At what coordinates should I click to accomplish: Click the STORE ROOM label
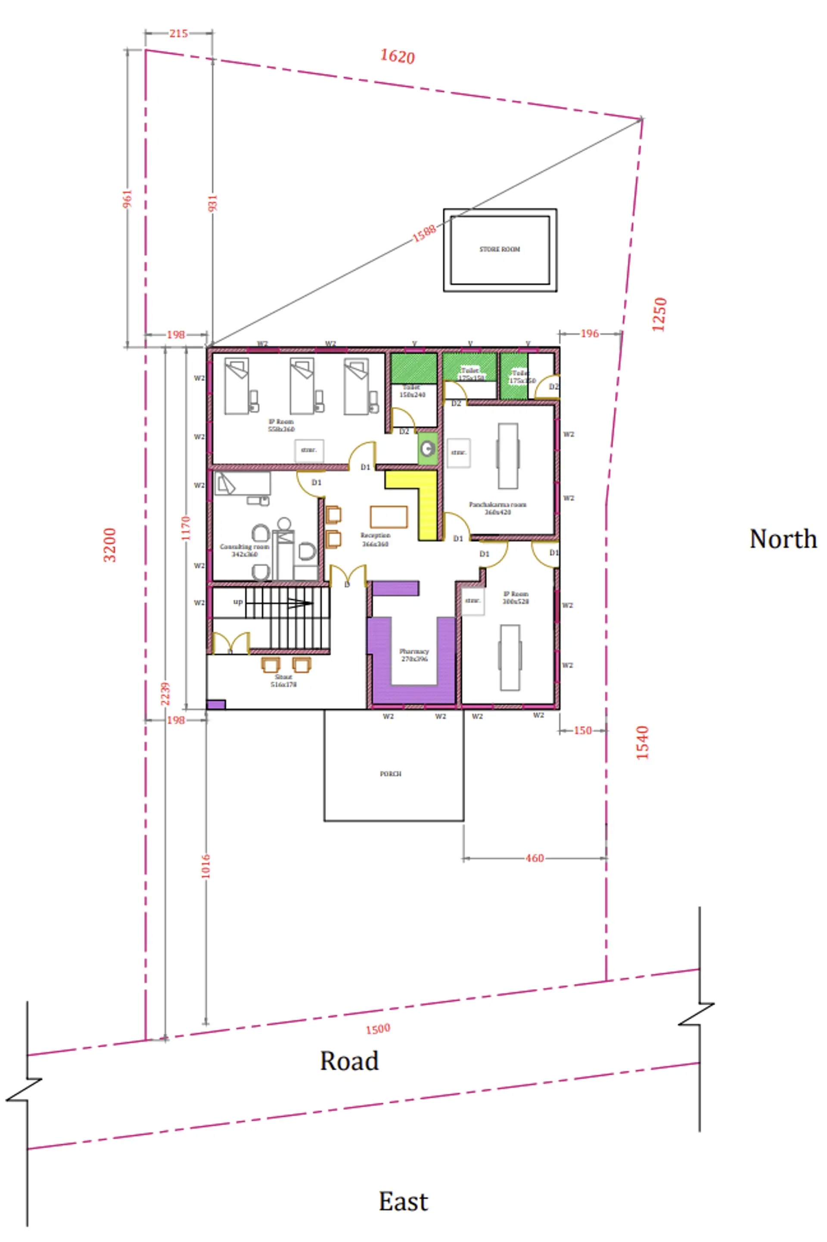pyautogui.click(x=500, y=249)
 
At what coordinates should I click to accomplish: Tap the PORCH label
pyautogui.click(x=391, y=774)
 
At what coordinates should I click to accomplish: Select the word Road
pyautogui.click(x=349, y=1061)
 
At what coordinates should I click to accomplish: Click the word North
pyautogui.click(x=783, y=539)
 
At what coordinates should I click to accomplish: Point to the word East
pyautogui.click(x=403, y=1202)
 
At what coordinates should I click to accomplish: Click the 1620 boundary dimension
pyautogui.click(x=398, y=56)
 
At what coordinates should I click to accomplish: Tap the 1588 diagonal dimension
pyautogui.click(x=424, y=233)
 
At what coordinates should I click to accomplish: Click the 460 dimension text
pyautogui.click(x=534, y=858)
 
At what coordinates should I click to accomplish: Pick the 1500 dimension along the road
pyautogui.click(x=378, y=1029)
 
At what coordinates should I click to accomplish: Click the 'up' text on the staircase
pyautogui.click(x=238, y=602)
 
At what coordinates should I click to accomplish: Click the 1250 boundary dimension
pyautogui.click(x=659, y=314)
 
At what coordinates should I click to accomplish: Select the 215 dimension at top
pyautogui.click(x=178, y=33)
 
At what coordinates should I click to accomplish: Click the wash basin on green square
pyautogui.click(x=428, y=448)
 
